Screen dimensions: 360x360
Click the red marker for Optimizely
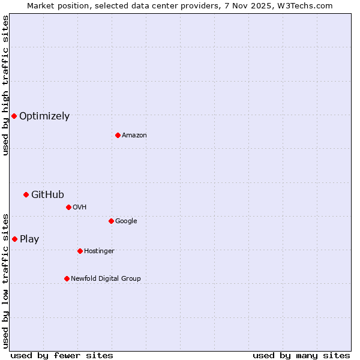tap(14, 116)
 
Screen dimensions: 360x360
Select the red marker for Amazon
tap(118, 135)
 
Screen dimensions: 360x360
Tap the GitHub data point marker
tap(26, 194)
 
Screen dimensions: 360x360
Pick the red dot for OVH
tap(68, 207)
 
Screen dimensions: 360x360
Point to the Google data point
tap(111, 221)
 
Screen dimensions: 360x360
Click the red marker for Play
tap(14, 239)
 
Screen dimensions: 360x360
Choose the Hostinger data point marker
tap(80, 251)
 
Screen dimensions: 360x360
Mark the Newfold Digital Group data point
tap(67, 278)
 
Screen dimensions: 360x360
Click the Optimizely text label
tap(44, 116)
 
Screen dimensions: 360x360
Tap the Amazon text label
tap(134, 136)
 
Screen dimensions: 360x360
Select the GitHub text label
tap(47, 194)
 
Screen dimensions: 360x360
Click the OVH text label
tap(80, 208)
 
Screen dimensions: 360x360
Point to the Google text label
tap(126, 221)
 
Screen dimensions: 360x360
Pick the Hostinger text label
tap(99, 251)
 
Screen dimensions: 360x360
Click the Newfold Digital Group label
tap(106, 279)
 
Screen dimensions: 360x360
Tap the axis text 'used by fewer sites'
tap(62, 355)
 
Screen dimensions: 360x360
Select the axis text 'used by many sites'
tap(301, 355)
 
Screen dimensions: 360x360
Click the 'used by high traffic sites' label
tap(5, 85)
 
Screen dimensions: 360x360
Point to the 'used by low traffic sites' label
tap(5, 280)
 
